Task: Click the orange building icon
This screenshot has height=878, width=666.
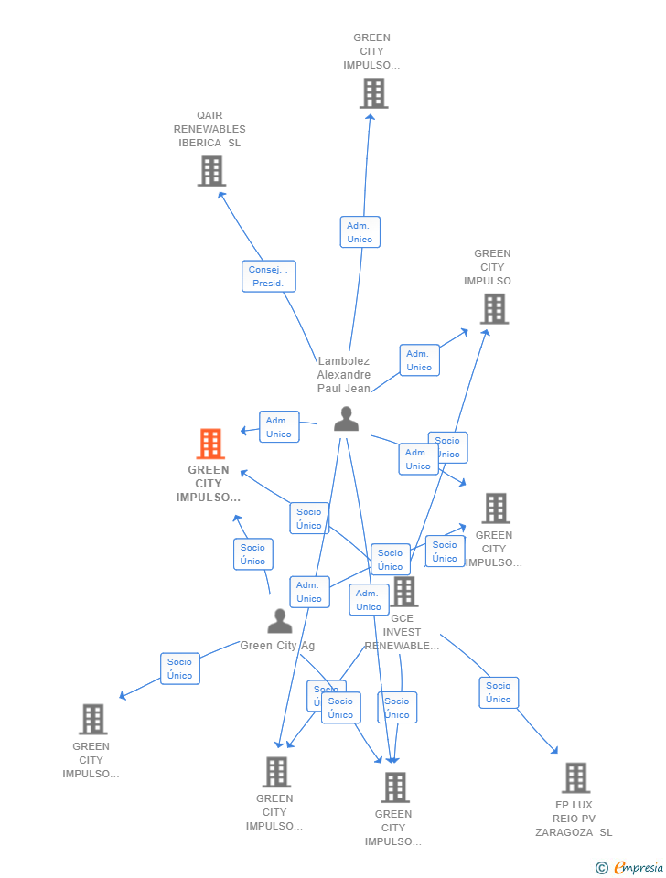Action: pos(210,444)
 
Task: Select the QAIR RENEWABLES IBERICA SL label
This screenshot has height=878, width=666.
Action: pos(209,129)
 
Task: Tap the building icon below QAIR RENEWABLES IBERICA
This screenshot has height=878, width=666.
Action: pos(211,171)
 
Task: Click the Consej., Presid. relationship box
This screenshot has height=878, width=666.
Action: pos(269,276)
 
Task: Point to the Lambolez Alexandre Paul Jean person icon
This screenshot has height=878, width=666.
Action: pos(346,419)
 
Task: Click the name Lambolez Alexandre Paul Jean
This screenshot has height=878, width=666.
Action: pos(344,375)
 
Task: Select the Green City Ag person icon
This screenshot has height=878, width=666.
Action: pos(279,621)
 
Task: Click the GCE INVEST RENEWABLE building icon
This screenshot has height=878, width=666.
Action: pos(403,592)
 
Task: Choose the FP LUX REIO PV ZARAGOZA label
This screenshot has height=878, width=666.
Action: pos(575,819)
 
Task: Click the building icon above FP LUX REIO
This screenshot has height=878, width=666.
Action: pos(575,777)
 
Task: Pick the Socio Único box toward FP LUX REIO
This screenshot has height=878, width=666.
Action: pos(499,692)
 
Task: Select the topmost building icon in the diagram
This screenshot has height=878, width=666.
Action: pos(373,93)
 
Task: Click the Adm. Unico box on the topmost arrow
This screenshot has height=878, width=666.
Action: pos(360,232)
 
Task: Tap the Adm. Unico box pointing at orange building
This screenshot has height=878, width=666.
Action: pos(279,427)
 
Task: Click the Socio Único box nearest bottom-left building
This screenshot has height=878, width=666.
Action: pos(180,669)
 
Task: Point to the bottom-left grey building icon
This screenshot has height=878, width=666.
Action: pos(92,720)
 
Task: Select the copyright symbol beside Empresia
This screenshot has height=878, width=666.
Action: pos(602,867)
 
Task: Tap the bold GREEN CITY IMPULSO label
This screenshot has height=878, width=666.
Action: pos(209,484)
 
